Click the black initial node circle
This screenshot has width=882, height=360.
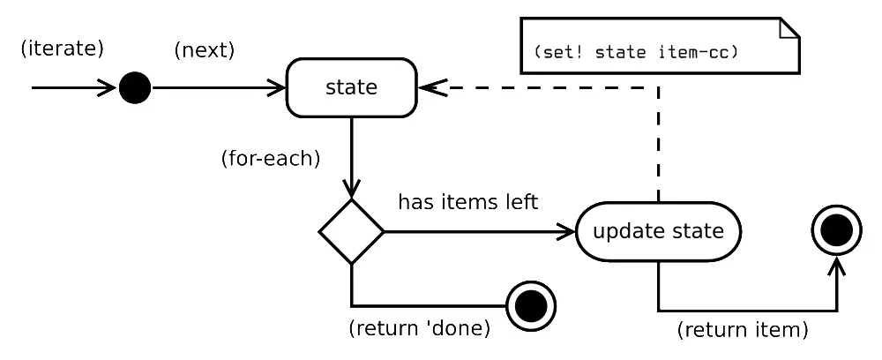point(135,88)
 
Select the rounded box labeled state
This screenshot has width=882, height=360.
point(351,87)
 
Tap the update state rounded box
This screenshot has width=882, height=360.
point(658,232)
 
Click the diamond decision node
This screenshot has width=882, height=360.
point(351,231)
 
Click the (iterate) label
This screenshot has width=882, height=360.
point(62,49)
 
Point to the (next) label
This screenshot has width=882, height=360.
point(205,50)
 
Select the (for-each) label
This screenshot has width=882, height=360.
point(270,160)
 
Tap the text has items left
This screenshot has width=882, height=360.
point(467,202)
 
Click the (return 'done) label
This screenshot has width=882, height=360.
point(419,329)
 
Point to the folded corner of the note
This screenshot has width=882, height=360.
point(789,26)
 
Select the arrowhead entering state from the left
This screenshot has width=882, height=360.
point(278,88)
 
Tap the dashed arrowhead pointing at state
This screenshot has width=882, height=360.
point(430,88)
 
